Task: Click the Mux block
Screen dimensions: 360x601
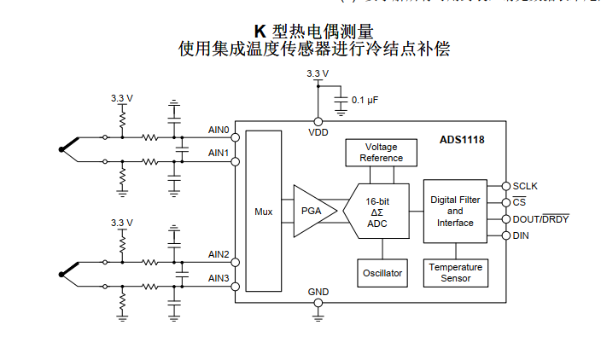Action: pyautogui.click(x=263, y=211)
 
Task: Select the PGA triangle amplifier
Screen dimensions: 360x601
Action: pyautogui.click(x=311, y=211)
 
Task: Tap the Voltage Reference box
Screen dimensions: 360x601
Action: pyautogui.click(x=381, y=153)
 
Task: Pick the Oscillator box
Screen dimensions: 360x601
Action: pyautogui.click(x=381, y=273)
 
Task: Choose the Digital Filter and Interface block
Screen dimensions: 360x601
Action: pyautogui.click(x=454, y=211)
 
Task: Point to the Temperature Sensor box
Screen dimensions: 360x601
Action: pyautogui.click(x=455, y=273)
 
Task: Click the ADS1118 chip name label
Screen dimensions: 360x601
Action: pyautogui.click(x=462, y=139)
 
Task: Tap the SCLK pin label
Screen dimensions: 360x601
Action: pyautogui.click(x=525, y=185)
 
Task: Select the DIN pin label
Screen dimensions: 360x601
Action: pyautogui.click(x=521, y=235)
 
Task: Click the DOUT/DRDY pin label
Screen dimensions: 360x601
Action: pyautogui.click(x=540, y=219)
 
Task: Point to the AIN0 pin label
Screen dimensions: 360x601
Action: pyautogui.click(x=219, y=130)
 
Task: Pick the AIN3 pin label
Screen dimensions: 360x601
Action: pyautogui.click(x=219, y=278)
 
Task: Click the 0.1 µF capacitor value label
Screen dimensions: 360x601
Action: pyautogui.click(x=365, y=100)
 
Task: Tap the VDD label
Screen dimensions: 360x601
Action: pyautogui.click(x=318, y=133)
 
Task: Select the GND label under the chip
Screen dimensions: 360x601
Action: pyautogui.click(x=318, y=292)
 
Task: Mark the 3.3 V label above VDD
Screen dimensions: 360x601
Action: pyautogui.click(x=318, y=74)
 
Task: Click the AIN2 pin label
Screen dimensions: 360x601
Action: pyautogui.click(x=219, y=254)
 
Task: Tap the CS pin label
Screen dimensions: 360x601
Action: pyautogui.click(x=518, y=202)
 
